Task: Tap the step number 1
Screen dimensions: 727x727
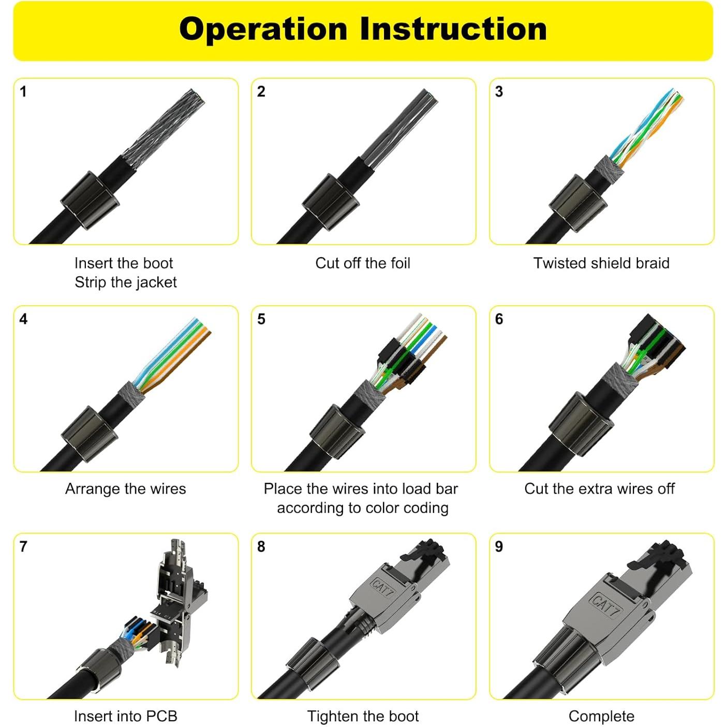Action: point(23,92)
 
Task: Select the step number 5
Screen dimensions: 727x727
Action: point(261,319)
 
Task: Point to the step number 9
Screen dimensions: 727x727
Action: point(499,547)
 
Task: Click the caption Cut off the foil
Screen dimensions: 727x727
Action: point(363,263)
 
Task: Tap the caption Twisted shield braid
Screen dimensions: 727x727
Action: point(601,263)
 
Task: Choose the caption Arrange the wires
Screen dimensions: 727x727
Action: point(125,488)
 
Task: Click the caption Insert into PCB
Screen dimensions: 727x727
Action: point(125,716)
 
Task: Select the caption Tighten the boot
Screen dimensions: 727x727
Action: point(363,716)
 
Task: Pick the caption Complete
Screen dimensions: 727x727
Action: point(601,716)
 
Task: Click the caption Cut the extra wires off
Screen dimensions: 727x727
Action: point(599,488)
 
